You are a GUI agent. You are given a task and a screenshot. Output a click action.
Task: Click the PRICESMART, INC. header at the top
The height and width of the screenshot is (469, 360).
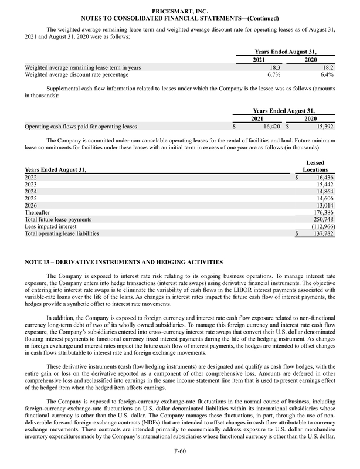[x=179, y=11]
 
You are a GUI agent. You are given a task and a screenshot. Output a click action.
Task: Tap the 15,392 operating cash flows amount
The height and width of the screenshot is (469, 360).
[x=321, y=126]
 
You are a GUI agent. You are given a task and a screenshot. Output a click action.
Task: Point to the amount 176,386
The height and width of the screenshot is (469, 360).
[x=322, y=212]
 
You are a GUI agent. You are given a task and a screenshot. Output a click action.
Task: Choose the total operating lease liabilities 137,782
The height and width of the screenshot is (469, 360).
[x=322, y=233]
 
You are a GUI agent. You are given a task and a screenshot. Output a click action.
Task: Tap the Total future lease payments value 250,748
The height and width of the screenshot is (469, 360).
[x=322, y=219]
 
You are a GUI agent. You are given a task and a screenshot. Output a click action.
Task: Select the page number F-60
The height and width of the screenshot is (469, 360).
[x=179, y=452]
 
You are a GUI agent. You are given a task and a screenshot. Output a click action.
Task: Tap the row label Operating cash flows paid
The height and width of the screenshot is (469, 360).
[x=81, y=126]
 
